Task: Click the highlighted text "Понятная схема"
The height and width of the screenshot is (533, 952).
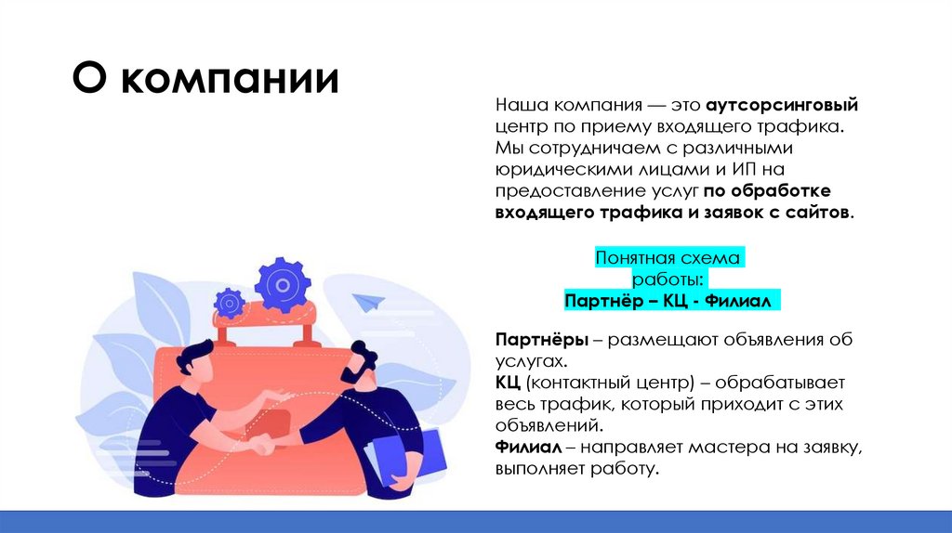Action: point(668,259)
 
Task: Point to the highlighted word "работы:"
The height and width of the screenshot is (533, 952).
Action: point(668,280)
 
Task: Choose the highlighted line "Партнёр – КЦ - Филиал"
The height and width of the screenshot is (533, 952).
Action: point(668,302)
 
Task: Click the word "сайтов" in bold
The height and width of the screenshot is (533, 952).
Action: point(820,213)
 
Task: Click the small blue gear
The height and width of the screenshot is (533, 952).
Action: point(229,303)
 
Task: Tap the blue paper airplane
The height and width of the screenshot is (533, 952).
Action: point(370,302)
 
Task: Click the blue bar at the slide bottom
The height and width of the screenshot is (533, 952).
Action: point(476,521)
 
